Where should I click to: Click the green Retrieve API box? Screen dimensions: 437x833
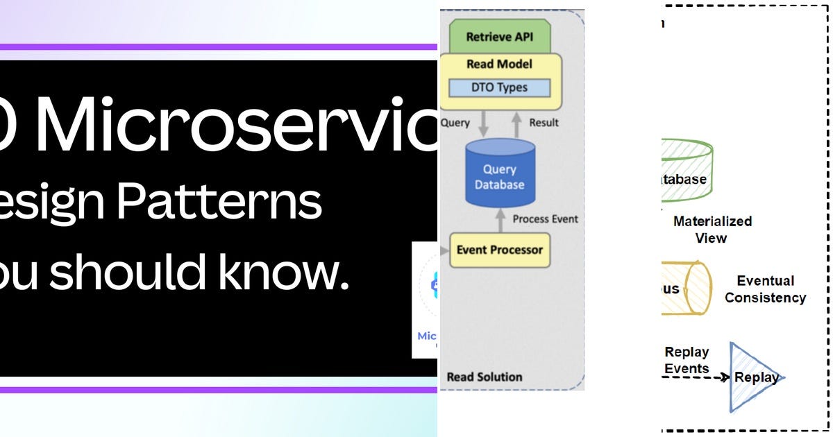click(499, 37)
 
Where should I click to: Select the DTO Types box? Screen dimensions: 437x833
click(498, 87)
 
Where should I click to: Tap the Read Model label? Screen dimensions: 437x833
click(499, 65)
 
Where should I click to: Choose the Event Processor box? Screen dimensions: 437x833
click(499, 250)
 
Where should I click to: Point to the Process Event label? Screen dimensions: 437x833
click(545, 218)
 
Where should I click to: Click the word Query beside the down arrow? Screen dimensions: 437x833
click(455, 123)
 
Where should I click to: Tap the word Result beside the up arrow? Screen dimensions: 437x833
click(544, 123)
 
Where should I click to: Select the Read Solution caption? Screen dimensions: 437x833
click(484, 377)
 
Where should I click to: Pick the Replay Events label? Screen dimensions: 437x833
click(687, 360)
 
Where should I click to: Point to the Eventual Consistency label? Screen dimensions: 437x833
click(765, 289)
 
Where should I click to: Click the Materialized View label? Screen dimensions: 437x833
click(712, 230)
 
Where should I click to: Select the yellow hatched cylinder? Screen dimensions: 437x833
click(686, 288)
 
